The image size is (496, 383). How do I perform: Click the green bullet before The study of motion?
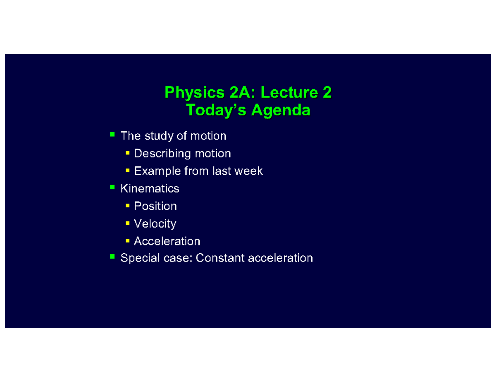(x=112, y=135)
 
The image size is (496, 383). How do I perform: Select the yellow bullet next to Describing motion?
(x=128, y=153)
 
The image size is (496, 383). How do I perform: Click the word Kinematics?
(x=150, y=189)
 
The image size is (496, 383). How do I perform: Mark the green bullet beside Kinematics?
(x=112, y=188)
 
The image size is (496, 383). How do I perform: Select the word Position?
(x=155, y=206)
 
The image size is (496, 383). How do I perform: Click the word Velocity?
(x=155, y=224)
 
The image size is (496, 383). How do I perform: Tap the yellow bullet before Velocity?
(x=128, y=223)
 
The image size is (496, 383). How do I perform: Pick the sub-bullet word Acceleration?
(x=167, y=241)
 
